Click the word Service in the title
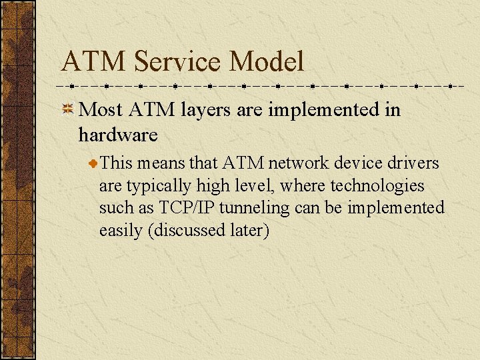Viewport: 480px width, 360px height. click(x=177, y=62)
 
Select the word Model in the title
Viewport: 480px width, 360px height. click(x=267, y=62)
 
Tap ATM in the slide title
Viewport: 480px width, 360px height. click(x=94, y=62)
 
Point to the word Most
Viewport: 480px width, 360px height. click(x=101, y=109)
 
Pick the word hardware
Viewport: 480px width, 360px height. click(x=118, y=135)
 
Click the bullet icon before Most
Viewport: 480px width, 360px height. click(x=68, y=110)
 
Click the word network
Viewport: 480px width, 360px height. click(x=295, y=163)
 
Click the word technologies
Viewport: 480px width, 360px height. click(x=377, y=185)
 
